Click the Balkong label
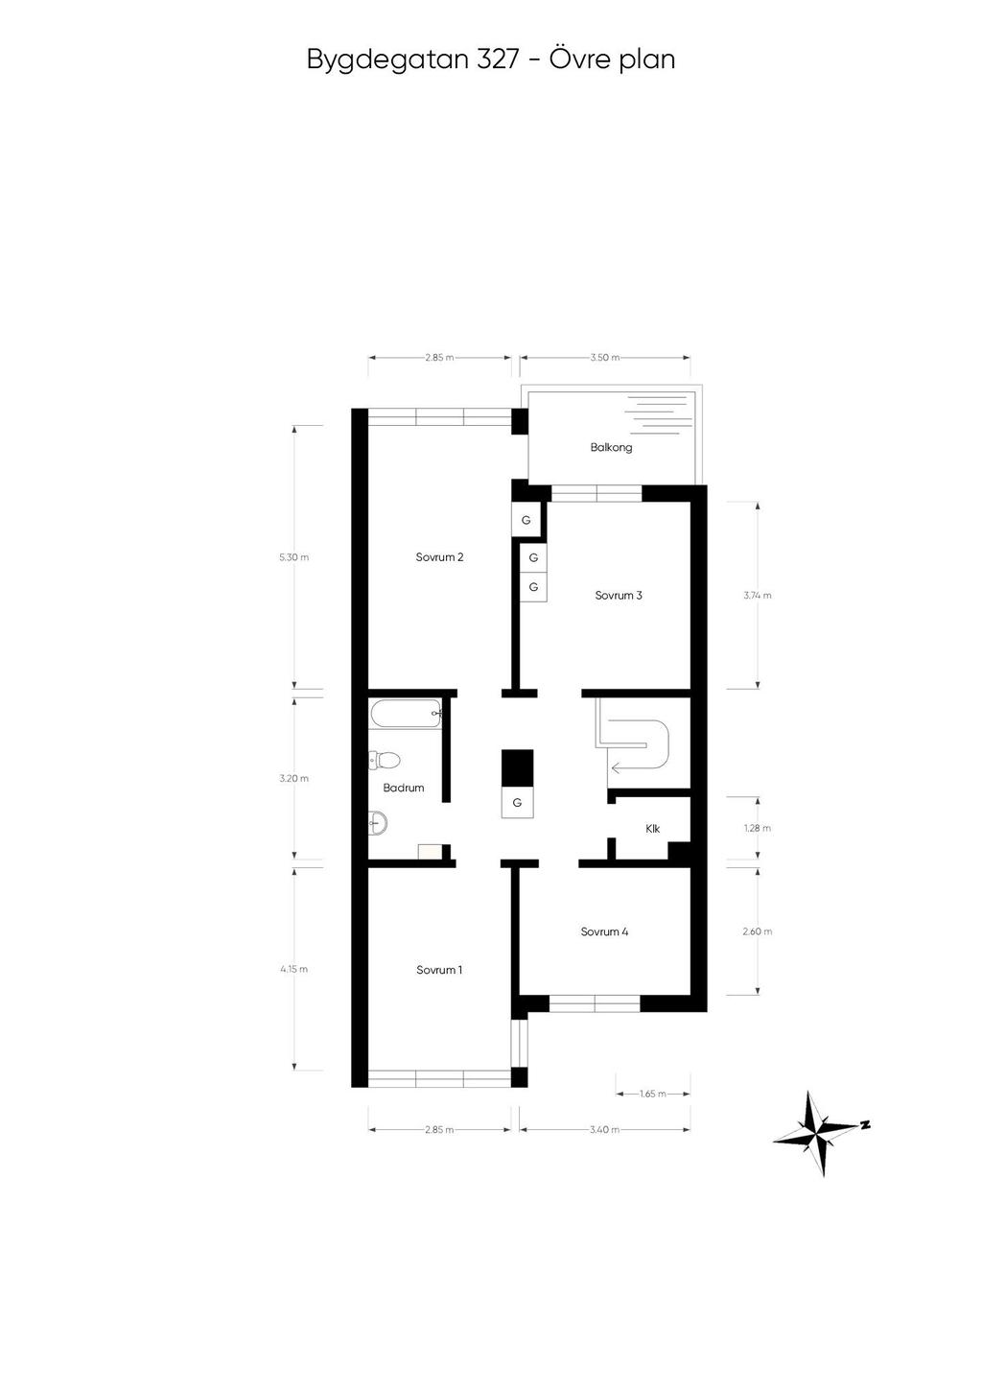click(611, 447)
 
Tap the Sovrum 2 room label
click(439, 557)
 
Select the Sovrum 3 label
click(619, 596)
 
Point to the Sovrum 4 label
click(604, 931)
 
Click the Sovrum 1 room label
click(439, 970)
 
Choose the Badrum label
click(403, 788)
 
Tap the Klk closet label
click(653, 829)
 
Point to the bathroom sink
click(378, 822)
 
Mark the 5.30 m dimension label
click(293, 557)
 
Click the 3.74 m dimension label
click(758, 596)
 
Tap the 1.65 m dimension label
click(652, 1094)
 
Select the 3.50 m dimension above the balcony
click(604, 358)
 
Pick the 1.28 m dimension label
click(758, 828)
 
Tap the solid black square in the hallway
click(517, 768)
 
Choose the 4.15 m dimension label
click(293, 969)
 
